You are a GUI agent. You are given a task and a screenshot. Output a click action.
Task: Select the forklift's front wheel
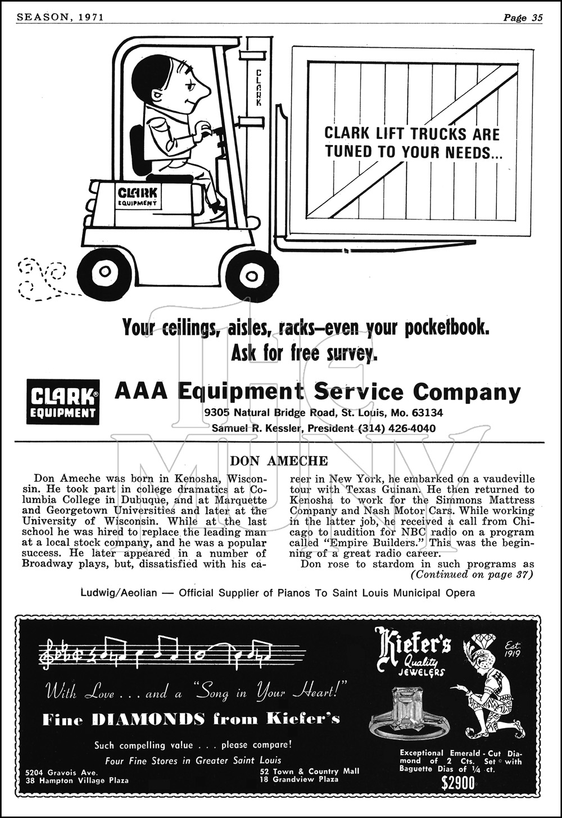[252, 275]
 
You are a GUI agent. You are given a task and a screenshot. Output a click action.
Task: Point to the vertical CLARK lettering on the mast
[259, 87]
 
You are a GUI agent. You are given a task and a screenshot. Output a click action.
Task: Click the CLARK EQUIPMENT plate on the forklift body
[138, 196]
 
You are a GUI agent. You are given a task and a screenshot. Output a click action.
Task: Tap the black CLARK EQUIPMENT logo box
[63, 402]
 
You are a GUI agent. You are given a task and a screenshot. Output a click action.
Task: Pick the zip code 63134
[425, 412]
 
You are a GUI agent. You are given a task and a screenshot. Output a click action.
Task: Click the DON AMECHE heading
[279, 461]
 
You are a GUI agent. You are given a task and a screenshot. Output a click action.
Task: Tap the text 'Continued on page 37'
[472, 574]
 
